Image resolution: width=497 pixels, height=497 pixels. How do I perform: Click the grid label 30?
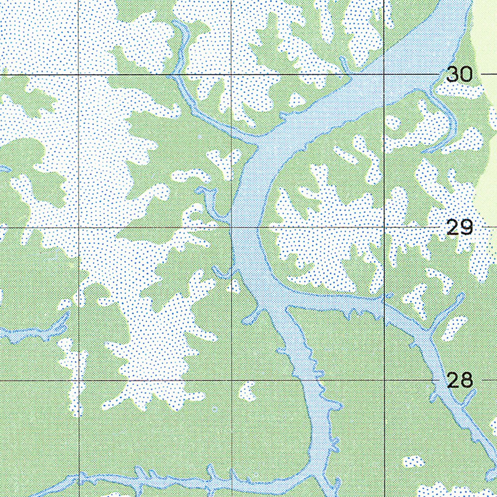(459, 74)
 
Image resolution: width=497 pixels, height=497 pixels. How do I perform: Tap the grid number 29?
(459, 227)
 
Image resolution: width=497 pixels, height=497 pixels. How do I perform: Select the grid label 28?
(459, 380)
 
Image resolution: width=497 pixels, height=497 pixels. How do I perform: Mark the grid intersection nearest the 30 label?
(384, 74)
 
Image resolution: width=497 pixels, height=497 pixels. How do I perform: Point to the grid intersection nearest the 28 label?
(384, 380)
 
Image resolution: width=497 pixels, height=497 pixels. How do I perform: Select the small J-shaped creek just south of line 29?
(223, 273)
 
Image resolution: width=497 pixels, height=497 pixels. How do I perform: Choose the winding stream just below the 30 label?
(444, 116)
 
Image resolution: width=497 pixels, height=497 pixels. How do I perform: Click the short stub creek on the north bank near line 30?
(344, 66)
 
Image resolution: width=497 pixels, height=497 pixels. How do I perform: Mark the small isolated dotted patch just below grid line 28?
(248, 391)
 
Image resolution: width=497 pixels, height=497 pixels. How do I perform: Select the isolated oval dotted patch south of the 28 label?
(413, 461)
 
